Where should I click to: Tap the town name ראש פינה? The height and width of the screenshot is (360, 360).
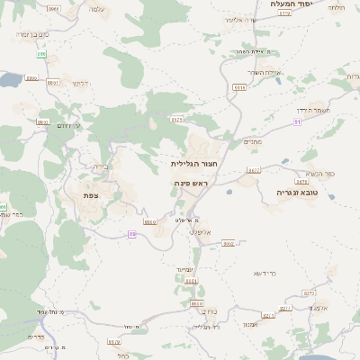pyautogui.click(x=192, y=183)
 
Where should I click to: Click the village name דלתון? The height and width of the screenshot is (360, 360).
pyautogui.click(x=79, y=84)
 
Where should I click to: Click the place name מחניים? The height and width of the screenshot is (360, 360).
pyautogui.click(x=253, y=141)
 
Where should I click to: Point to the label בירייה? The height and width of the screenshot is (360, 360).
pyautogui.click(x=100, y=167)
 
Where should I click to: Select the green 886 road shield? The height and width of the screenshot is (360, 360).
pyautogui.click(x=41, y=53)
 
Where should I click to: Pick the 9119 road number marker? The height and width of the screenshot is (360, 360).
pyautogui.click(x=286, y=14)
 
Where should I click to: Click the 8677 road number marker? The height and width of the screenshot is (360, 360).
pyautogui.click(x=254, y=169)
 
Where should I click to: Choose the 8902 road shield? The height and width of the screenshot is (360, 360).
pyautogui.click(x=229, y=243)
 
